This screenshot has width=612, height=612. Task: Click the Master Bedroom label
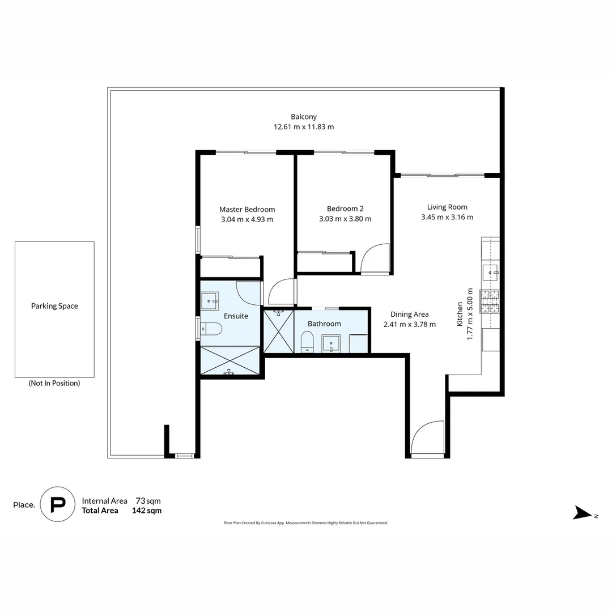(247, 209)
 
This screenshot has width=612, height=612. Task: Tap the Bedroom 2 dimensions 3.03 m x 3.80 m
(345, 219)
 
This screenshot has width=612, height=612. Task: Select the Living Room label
(447, 207)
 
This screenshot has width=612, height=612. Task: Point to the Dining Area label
(409, 314)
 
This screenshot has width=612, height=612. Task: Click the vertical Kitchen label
(460, 313)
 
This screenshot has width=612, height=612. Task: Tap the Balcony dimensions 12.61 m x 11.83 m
(304, 127)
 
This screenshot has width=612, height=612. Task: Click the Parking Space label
(54, 306)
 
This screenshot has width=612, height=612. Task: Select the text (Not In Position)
(54, 383)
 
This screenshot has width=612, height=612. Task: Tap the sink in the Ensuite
(210, 298)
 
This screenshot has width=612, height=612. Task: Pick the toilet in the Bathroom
(307, 342)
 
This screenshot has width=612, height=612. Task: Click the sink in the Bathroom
(330, 343)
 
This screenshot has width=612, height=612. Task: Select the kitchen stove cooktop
(490, 301)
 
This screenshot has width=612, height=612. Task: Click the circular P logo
(57, 504)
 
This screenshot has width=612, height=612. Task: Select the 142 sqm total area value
(146, 511)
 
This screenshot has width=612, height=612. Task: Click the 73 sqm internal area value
(148, 501)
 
